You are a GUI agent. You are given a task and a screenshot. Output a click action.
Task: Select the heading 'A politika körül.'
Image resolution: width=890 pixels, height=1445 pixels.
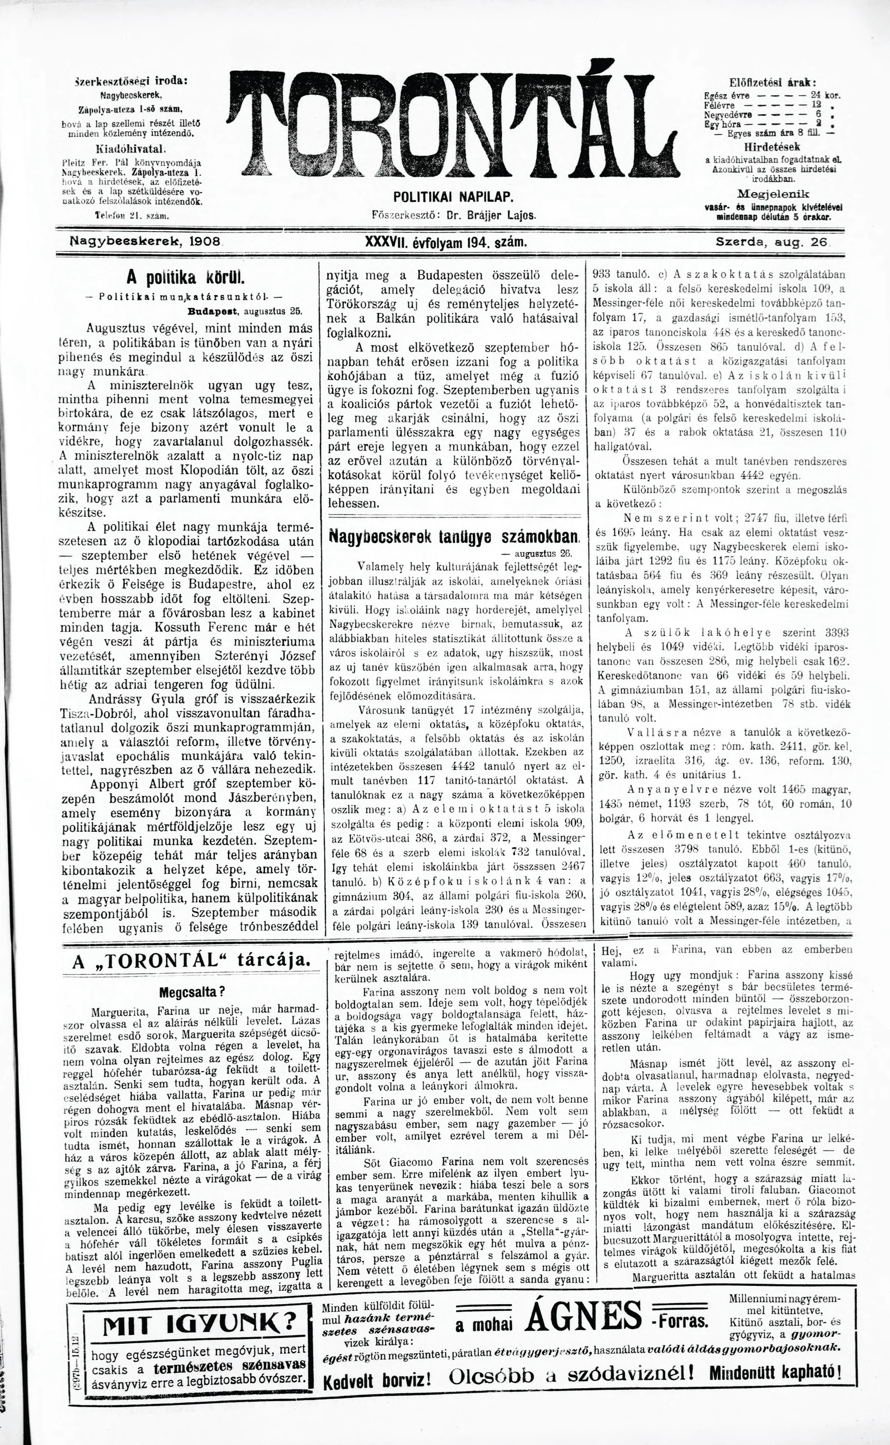click(186, 277)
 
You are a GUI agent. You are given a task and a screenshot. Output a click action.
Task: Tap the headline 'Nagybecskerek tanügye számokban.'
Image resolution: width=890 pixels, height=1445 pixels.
click(455, 537)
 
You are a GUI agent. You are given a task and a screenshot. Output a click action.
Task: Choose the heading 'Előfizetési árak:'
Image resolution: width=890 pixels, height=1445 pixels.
click(772, 82)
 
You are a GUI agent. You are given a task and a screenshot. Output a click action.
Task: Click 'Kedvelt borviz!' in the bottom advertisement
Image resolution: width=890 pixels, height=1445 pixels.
click(377, 1362)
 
